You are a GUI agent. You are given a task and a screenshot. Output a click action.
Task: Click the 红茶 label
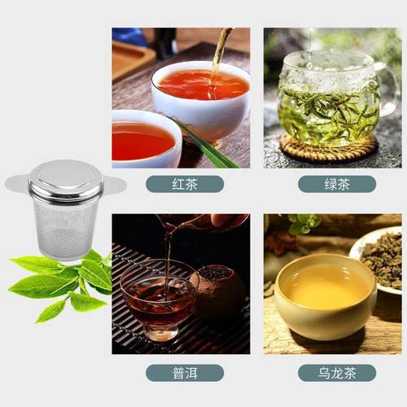[185, 184]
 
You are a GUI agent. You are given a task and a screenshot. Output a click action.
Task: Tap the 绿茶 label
[336, 184]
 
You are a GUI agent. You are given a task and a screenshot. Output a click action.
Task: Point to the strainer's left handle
[16, 183]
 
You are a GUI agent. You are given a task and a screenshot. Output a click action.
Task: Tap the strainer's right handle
[116, 185]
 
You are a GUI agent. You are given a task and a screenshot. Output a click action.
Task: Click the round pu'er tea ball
[217, 293]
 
